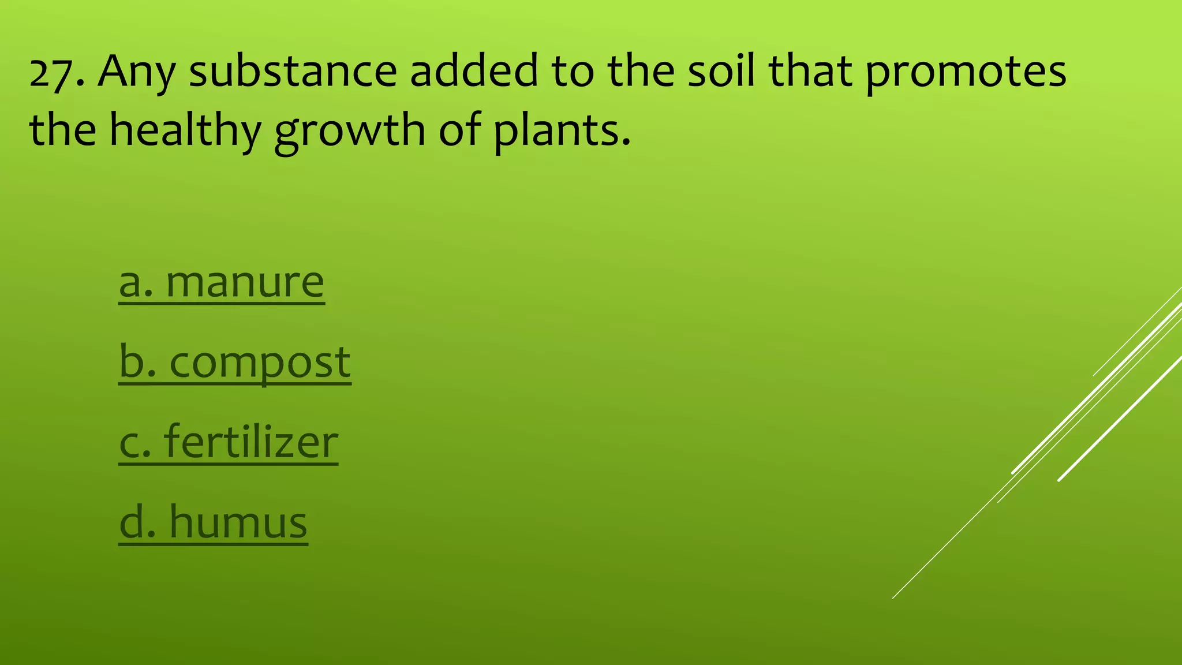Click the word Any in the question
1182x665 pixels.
click(x=136, y=72)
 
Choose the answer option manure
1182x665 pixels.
click(x=245, y=282)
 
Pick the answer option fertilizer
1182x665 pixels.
click(x=251, y=442)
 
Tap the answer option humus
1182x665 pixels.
click(x=238, y=522)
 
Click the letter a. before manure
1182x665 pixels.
click(x=136, y=283)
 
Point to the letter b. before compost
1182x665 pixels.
click(x=137, y=362)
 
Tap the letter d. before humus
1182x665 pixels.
click(x=137, y=522)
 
